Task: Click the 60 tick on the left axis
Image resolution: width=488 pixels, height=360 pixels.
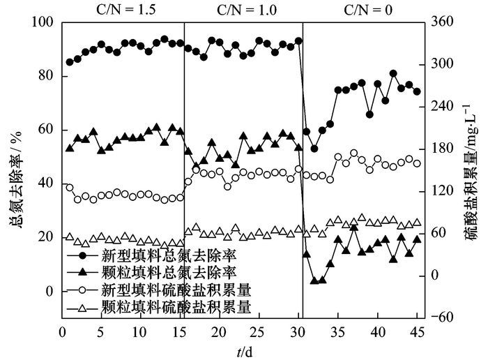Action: pyautogui.click(x=45, y=130)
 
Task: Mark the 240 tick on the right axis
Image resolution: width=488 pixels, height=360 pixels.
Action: pyautogui.click(x=444, y=107)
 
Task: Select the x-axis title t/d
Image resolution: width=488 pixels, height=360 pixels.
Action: pyautogui.click(x=243, y=350)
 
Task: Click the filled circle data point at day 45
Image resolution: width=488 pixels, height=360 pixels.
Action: pyautogui.click(x=417, y=91)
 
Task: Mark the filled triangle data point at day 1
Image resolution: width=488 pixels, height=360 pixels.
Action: pyautogui.click(x=70, y=148)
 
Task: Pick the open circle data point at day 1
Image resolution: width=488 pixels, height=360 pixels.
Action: pyautogui.click(x=70, y=188)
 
